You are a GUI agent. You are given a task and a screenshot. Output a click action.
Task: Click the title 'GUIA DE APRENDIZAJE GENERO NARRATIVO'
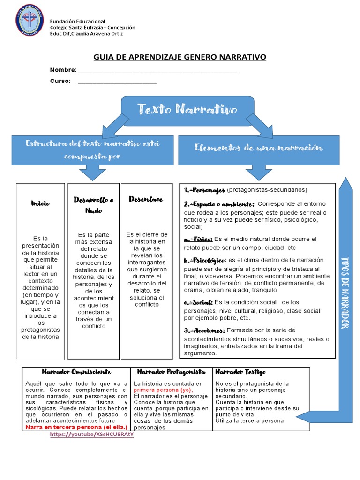pyautogui.click(x=180, y=57)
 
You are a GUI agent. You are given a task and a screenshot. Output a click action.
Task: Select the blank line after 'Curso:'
pyautogui.click(x=117, y=82)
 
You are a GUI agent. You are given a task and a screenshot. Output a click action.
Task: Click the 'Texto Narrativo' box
pyautogui.click(x=187, y=110)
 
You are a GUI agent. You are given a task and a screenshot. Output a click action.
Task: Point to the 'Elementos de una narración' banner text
pyautogui.click(x=259, y=148)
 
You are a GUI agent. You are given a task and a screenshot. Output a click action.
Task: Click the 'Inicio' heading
pyautogui.click(x=40, y=203)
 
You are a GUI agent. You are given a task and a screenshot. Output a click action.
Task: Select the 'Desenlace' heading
pyautogui.click(x=146, y=199)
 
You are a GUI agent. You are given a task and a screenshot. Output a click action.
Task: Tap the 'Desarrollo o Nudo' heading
pyautogui.click(x=94, y=205)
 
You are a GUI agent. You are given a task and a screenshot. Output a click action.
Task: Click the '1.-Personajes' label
pyautogui.click(x=204, y=190)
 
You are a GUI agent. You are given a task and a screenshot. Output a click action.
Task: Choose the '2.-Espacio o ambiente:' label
pyautogui.click(x=219, y=204)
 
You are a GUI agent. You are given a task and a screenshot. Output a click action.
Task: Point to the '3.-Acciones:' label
pyautogui.click(x=204, y=330)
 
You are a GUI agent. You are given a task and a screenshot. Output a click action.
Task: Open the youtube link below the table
pyautogui.click(x=92, y=434)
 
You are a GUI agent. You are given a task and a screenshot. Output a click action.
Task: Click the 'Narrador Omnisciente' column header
pyautogui.click(x=76, y=372)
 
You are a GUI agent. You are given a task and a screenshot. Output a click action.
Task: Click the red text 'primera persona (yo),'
pyautogui.click(x=163, y=390)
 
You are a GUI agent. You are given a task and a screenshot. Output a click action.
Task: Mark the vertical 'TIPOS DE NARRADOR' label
pyautogui.click(x=346, y=292)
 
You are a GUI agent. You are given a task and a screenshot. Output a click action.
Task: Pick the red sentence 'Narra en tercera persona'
pyautogui.click(x=76, y=427)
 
